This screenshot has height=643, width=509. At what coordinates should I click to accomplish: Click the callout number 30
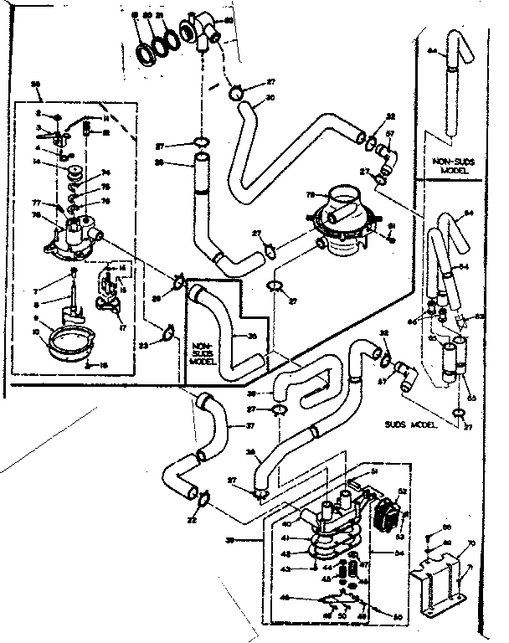point(270,97)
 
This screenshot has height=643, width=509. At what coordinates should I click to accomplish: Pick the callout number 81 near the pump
point(390,226)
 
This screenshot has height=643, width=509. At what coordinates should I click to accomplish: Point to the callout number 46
point(286,599)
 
